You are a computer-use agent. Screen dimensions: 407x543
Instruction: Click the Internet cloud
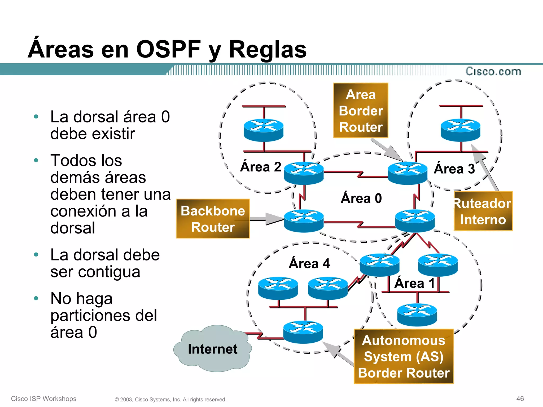coord(212,349)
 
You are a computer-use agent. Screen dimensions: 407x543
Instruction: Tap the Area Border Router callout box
coord(361,110)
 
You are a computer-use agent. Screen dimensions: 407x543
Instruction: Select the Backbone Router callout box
coord(213,219)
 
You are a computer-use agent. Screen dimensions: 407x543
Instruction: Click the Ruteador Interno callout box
coord(483,211)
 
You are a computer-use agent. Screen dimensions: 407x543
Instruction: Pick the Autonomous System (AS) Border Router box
coord(404,356)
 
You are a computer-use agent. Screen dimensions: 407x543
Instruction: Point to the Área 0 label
coord(361,198)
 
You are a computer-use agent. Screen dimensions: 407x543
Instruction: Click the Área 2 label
coord(261,167)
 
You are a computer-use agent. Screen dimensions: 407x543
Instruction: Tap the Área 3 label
coord(454,169)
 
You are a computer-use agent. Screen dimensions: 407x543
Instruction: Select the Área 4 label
coord(309,263)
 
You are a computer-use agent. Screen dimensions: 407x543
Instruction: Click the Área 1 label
coord(414,283)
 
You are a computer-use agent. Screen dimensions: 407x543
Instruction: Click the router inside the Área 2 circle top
coord(264,130)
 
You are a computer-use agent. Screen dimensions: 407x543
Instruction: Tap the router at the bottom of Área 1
coord(417,315)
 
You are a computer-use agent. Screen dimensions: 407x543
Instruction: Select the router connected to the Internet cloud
coord(303,332)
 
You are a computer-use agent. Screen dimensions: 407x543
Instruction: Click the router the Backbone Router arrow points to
coord(304,221)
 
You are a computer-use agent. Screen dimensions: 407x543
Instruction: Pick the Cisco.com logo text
coord(493,72)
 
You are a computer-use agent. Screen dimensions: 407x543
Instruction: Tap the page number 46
coord(520,399)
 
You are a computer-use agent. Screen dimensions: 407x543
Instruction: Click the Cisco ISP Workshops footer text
coord(44,399)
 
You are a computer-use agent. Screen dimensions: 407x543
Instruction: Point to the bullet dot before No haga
coord(36,298)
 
